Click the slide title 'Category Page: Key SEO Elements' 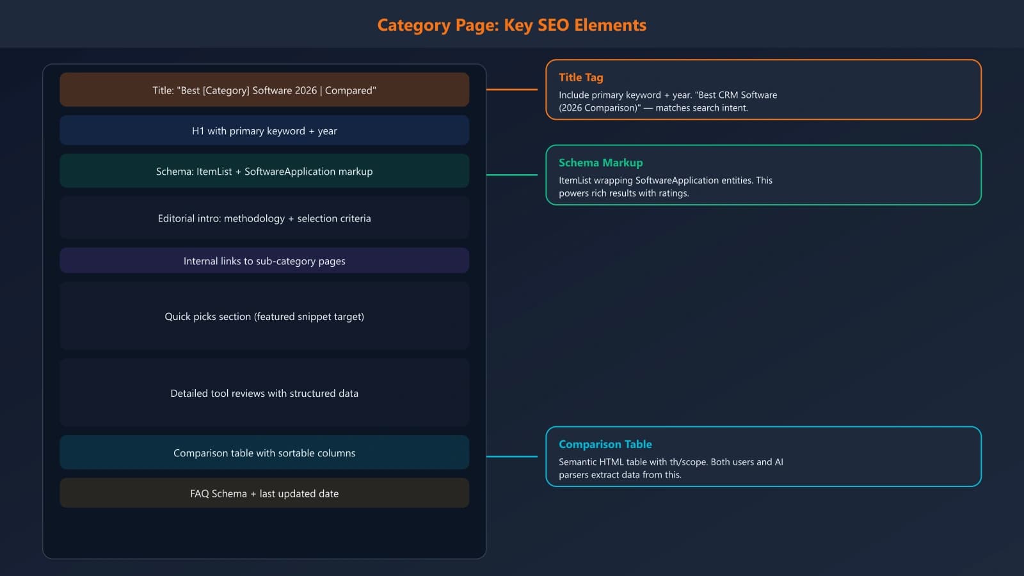click(x=511, y=25)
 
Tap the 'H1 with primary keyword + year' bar click(x=264, y=131)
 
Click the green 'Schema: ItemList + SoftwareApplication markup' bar click(x=264, y=171)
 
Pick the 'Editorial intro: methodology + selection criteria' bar click(x=264, y=218)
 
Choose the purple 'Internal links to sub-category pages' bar click(x=264, y=261)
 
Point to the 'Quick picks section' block click(x=264, y=316)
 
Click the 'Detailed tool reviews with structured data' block click(x=264, y=393)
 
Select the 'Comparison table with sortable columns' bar click(x=264, y=452)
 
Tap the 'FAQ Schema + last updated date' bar click(x=264, y=493)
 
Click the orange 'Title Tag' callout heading click(x=580, y=77)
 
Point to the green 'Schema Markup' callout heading click(x=600, y=163)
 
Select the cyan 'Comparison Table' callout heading click(x=605, y=444)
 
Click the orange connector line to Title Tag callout click(x=512, y=90)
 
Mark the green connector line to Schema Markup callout click(x=512, y=175)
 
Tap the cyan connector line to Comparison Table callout click(x=512, y=456)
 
